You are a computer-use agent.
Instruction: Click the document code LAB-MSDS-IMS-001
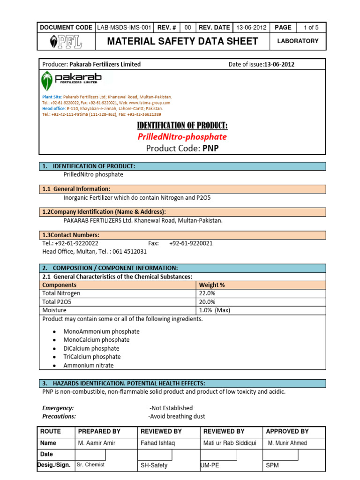pos(124,28)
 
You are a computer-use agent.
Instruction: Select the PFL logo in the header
pos(66,42)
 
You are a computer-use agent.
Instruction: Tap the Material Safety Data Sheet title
pos(182,41)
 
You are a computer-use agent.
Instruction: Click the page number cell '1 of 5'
pos(311,28)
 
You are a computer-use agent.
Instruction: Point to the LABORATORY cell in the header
pos(298,41)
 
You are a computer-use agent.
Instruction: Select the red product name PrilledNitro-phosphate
pos(182,137)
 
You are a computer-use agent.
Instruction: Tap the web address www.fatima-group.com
pos(150,103)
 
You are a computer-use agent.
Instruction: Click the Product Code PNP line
pos(182,149)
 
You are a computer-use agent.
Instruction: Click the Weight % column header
pos(212,285)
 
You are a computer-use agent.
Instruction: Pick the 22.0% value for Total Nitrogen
pos(207,293)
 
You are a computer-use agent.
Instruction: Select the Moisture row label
pos(54,310)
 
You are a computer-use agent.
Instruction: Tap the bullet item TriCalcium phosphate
pos(92,357)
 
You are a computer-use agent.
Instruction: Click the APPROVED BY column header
pos(287,431)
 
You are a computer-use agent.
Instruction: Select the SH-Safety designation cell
pos(154,465)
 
